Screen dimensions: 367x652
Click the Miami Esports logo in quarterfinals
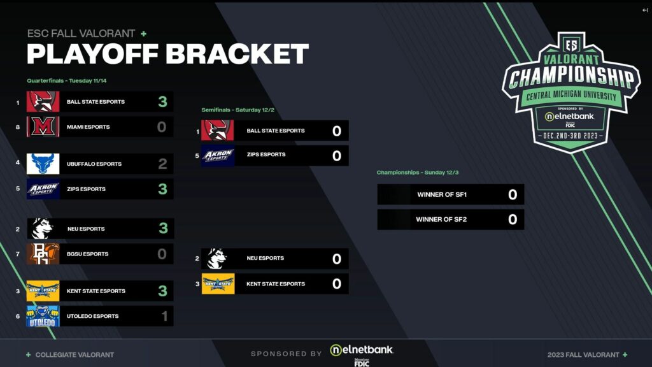(x=43, y=127)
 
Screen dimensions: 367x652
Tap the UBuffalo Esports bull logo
(x=43, y=164)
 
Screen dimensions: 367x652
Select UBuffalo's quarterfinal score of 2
(x=162, y=164)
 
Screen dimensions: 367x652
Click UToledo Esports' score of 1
(x=164, y=316)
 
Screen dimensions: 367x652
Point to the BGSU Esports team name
(x=87, y=254)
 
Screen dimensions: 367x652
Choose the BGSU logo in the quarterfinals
(x=43, y=254)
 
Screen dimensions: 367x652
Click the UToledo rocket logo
(x=43, y=316)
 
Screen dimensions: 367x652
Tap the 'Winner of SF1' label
(x=439, y=195)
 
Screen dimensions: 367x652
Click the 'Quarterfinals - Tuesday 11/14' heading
(x=71, y=81)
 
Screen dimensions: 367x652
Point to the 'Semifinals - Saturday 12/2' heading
(x=237, y=110)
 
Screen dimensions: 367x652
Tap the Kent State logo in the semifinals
(x=218, y=284)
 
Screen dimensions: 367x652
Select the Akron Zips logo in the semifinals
(x=218, y=155)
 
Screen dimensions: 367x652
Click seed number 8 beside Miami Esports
(x=18, y=127)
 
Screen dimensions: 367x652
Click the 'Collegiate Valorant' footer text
(x=74, y=355)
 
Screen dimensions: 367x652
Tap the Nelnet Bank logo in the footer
(x=361, y=350)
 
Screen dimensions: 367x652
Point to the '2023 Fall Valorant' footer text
(x=583, y=355)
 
